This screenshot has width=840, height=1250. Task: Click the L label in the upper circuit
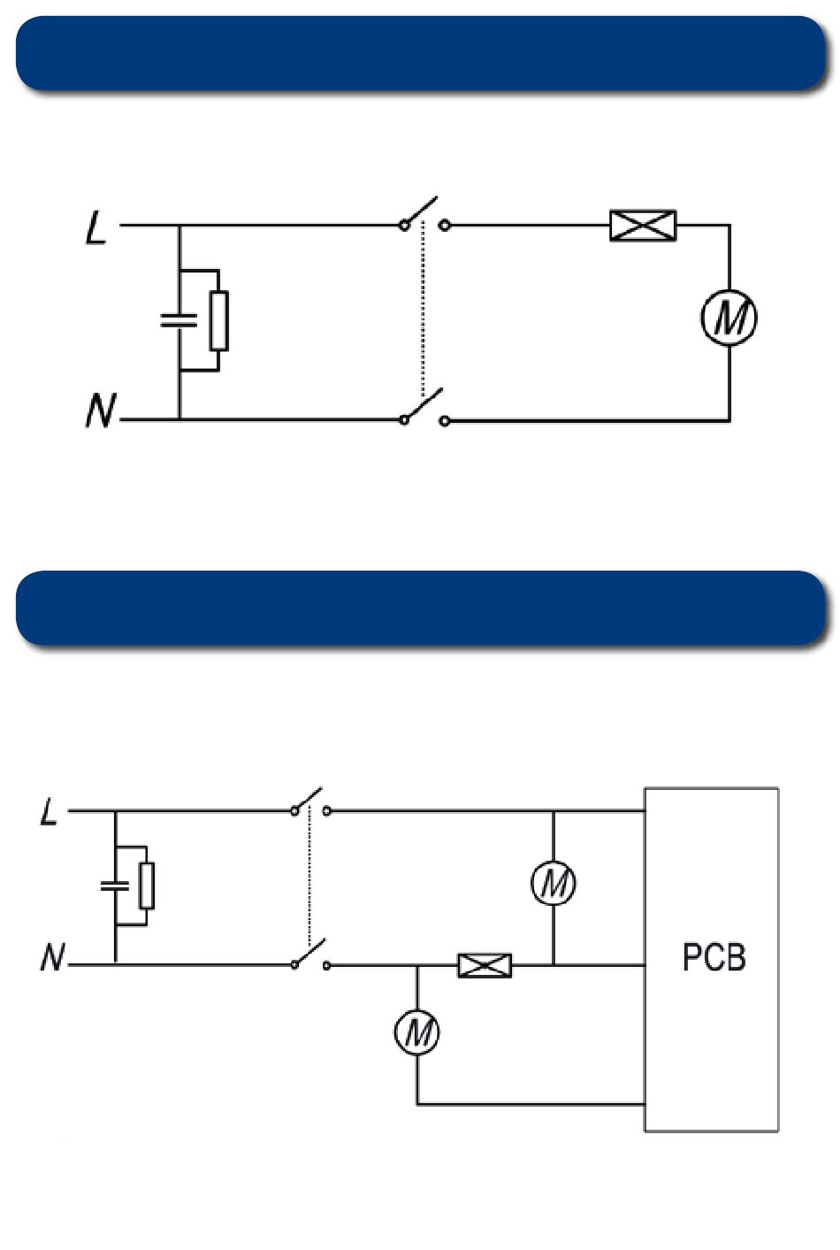(95, 227)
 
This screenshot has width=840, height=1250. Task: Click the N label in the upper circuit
(101, 410)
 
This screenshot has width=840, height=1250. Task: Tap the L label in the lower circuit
(50, 811)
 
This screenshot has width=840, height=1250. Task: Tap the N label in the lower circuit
(53, 957)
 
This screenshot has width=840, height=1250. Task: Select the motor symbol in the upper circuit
(729, 318)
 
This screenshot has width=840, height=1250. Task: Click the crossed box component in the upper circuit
(643, 226)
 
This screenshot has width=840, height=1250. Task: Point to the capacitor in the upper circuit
(179, 320)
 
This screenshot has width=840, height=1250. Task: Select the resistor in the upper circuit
(219, 320)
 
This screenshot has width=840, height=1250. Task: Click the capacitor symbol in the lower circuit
(115, 886)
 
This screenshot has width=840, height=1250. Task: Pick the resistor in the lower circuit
(148, 886)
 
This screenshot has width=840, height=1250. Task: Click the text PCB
(714, 957)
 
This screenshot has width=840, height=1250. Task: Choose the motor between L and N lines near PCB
(554, 883)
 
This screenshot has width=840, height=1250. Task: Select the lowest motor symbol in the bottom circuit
(416, 1032)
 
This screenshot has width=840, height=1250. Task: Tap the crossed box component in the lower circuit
(485, 965)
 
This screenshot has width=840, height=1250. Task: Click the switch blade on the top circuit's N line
(423, 404)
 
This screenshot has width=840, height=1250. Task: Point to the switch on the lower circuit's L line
(310, 801)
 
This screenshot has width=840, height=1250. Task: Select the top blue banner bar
(421, 54)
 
